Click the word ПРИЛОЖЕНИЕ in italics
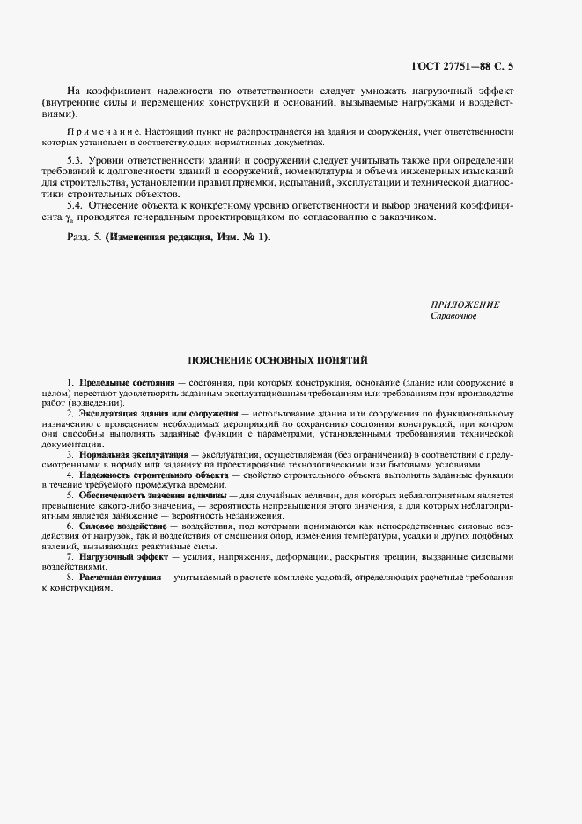(x=465, y=305)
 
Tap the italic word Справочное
(x=453, y=315)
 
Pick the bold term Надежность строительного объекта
(x=153, y=475)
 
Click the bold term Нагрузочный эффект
(x=123, y=557)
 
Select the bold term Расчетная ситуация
(x=120, y=577)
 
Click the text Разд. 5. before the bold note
(x=84, y=238)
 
